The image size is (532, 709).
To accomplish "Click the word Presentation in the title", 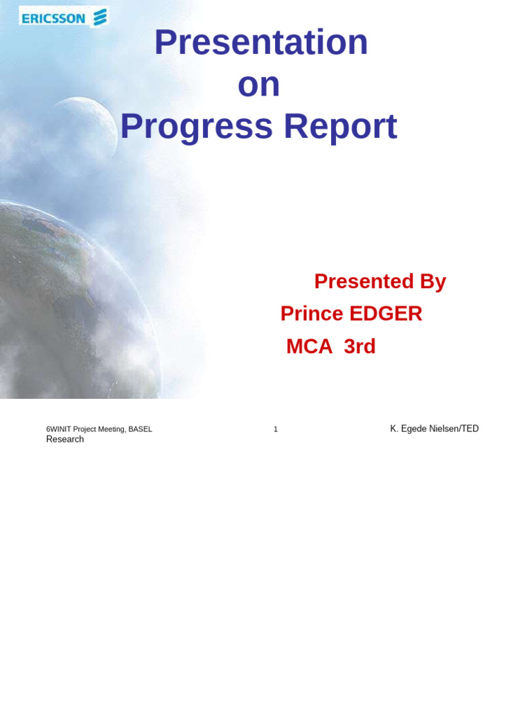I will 260,42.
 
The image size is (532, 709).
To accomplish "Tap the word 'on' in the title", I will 258,84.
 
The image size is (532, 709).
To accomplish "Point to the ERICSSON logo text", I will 53,19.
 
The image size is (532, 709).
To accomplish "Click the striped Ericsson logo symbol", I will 100,17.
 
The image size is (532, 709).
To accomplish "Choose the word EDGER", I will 386,314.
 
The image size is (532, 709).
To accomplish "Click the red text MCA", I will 309,346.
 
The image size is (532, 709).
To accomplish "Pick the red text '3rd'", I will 360,346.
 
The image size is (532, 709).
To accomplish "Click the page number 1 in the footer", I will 276,429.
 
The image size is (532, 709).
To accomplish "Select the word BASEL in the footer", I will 140,429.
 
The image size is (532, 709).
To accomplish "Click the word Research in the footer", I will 64,440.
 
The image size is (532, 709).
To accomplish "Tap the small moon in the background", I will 80,128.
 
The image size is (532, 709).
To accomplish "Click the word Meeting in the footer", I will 111,429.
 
